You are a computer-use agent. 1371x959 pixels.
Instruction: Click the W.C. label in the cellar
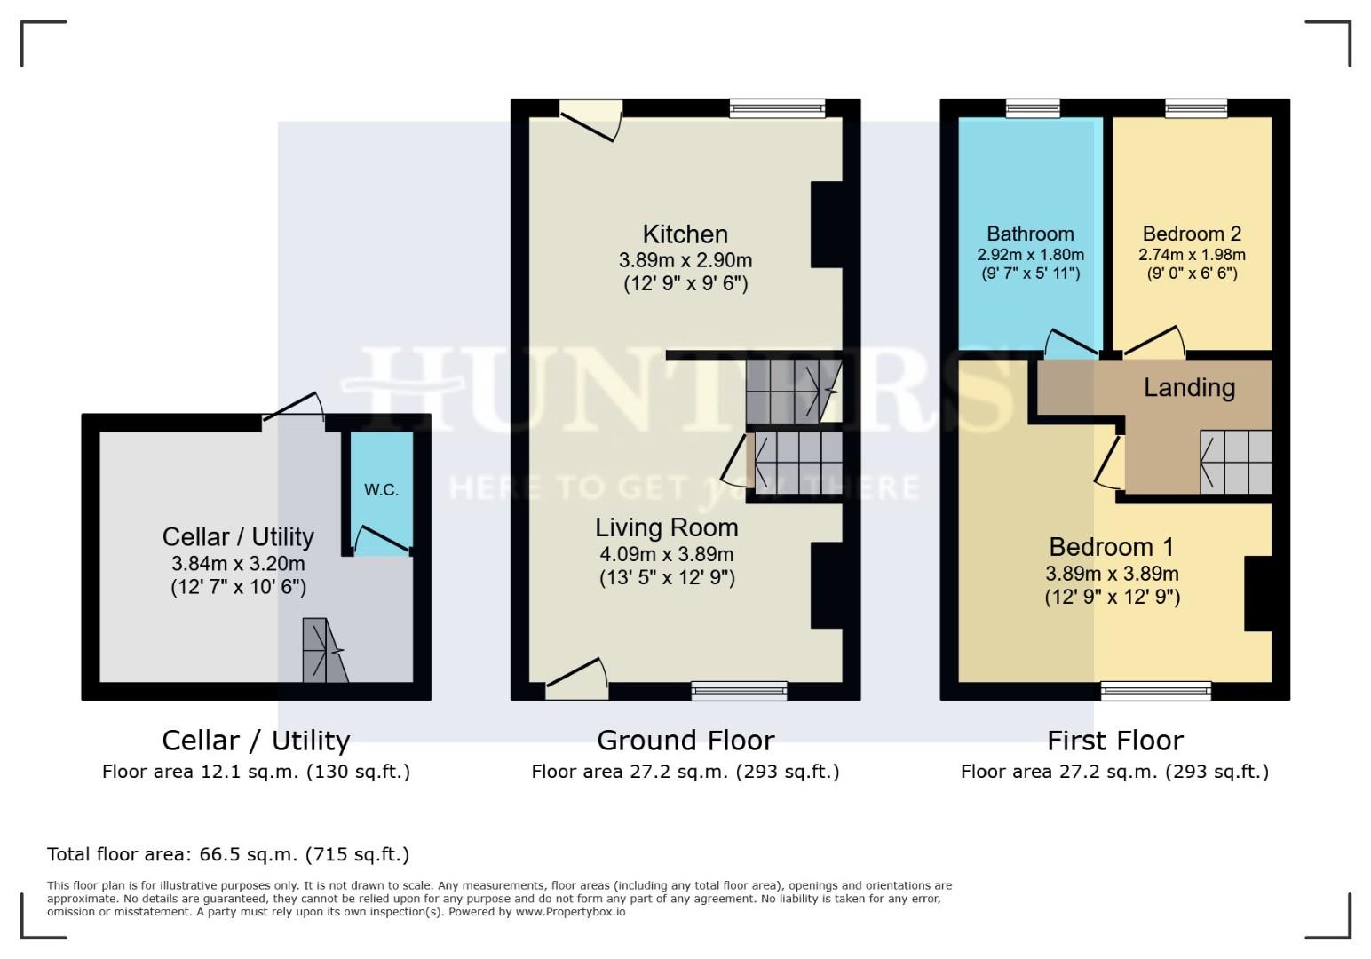[x=381, y=489]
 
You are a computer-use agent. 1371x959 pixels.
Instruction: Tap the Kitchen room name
[x=685, y=234]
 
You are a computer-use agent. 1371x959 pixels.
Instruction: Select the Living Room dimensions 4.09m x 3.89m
[x=667, y=554]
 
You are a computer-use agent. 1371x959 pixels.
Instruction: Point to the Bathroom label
[x=1030, y=234]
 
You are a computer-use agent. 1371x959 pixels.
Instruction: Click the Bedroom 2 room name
[x=1192, y=234]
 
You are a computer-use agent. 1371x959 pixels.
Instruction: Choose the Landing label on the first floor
[x=1189, y=388]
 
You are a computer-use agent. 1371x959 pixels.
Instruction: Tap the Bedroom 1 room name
[x=1112, y=547]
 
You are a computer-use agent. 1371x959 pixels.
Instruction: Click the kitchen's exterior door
[x=591, y=121]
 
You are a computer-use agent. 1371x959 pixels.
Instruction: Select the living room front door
[x=576, y=679]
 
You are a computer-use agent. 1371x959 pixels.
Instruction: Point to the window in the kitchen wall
[x=777, y=108]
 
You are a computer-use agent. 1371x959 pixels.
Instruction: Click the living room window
[x=740, y=691]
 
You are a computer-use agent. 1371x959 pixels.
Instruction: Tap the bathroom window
[x=1034, y=108]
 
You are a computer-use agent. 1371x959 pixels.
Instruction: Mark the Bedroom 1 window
[x=1155, y=691]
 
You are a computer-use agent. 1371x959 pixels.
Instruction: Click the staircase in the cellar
[x=325, y=650]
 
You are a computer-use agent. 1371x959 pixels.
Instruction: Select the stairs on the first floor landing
[x=1236, y=462]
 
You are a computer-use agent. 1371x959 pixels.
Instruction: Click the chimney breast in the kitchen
[x=827, y=225]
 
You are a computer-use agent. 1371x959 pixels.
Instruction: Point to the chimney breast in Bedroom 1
[x=1258, y=593]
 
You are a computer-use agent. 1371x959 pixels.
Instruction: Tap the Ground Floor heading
[x=685, y=741]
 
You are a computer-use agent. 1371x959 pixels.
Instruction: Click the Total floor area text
[x=228, y=854]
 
